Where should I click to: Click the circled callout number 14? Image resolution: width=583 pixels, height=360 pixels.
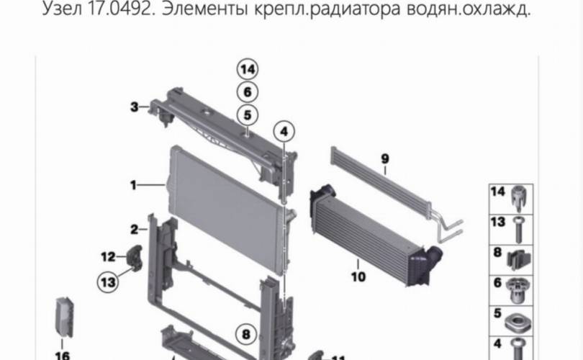(x=248, y=70)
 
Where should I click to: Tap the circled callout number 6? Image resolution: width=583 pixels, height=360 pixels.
(x=248, y=92)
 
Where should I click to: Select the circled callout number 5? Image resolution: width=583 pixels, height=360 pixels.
(x=248, y=115)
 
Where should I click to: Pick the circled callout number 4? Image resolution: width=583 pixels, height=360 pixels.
(x=284, y=132)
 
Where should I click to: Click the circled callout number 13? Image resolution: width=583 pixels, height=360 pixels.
(x=108, y=282)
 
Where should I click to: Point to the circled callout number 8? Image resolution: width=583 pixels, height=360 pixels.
(x=246, y=334)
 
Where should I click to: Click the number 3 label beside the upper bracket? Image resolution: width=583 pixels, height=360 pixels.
(x=134, y=107)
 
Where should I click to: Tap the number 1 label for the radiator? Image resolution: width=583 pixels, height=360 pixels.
(x=133, y=185)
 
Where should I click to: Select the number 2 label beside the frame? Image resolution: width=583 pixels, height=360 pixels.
(x=134, y=230)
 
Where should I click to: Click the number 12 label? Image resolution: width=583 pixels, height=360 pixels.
(x=108, y=256)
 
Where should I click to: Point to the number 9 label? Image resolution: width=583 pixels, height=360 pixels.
(x=385, y=159)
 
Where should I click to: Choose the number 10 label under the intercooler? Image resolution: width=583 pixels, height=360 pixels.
(x=358, y=276)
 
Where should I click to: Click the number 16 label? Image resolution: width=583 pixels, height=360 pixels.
(x=63, y=356)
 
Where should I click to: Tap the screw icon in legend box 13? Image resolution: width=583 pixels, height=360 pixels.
(x=519, y=230)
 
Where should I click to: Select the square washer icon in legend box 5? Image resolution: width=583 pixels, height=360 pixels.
(x=518, y=322)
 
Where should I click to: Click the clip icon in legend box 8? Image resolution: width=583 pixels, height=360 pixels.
(x=519, y=260)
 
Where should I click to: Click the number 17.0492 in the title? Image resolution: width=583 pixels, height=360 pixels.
(x=119, y=9)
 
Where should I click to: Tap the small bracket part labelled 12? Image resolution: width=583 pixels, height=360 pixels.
(x=135, y=256)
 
